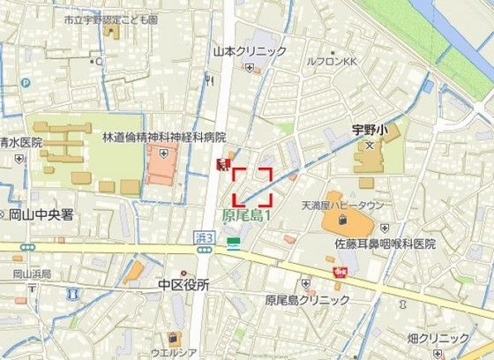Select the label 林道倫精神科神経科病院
click(164, 138)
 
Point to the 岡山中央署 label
click(41, 214)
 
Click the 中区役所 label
click(183, 285)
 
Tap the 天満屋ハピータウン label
click(343, 206)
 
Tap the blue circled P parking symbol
click(26, 83)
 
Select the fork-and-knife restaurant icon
click(209, 80)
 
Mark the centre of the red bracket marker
click(251, 185)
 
